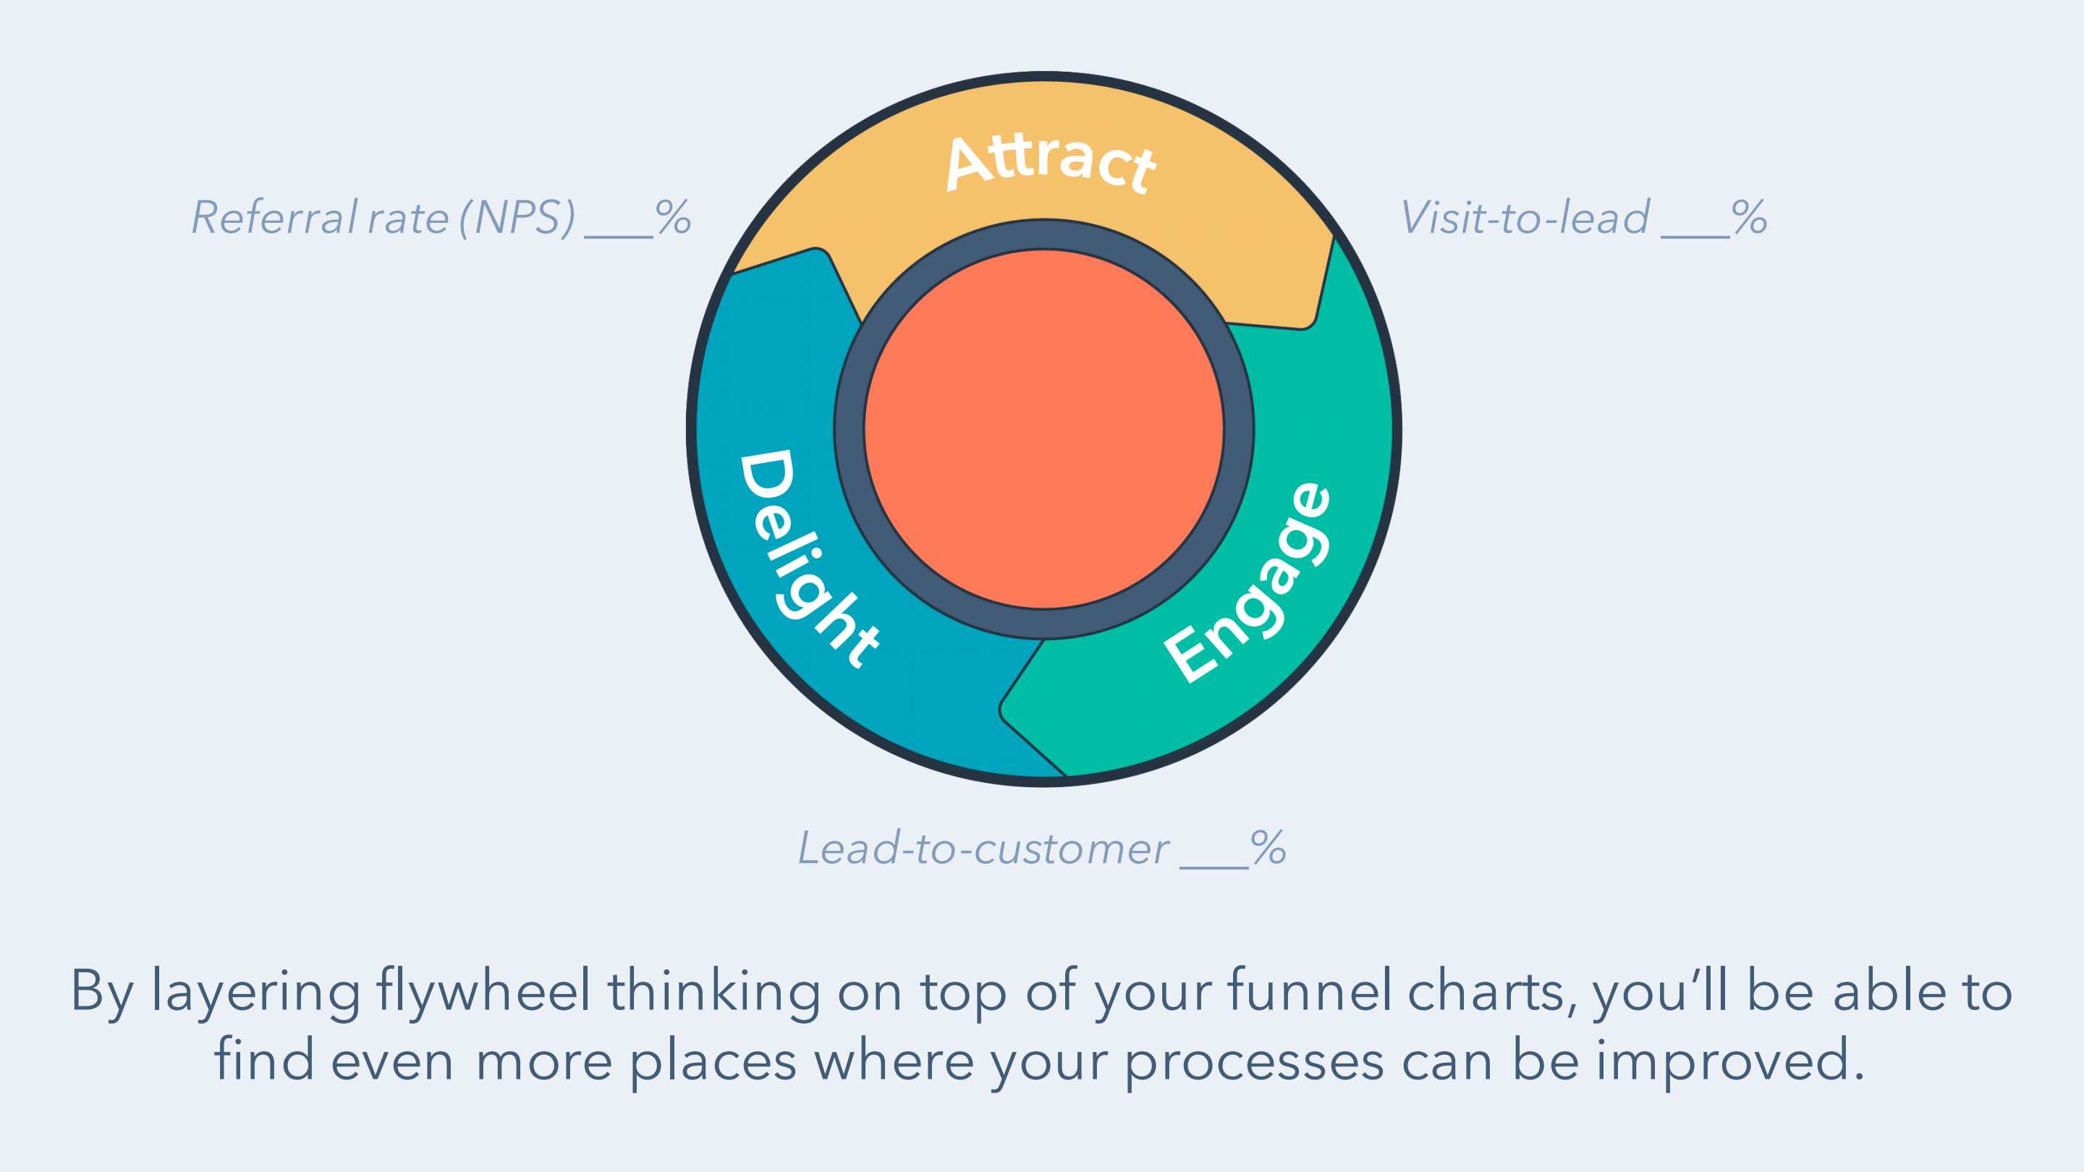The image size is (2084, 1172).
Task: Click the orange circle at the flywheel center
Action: click(1043, 429)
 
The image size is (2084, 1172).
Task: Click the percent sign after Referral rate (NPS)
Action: click(673, 217)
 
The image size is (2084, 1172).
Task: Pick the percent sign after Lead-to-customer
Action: click(1268, 848)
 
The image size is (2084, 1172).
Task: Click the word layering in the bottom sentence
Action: click(255, 992)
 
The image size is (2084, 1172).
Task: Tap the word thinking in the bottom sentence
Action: click(714, 992)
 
